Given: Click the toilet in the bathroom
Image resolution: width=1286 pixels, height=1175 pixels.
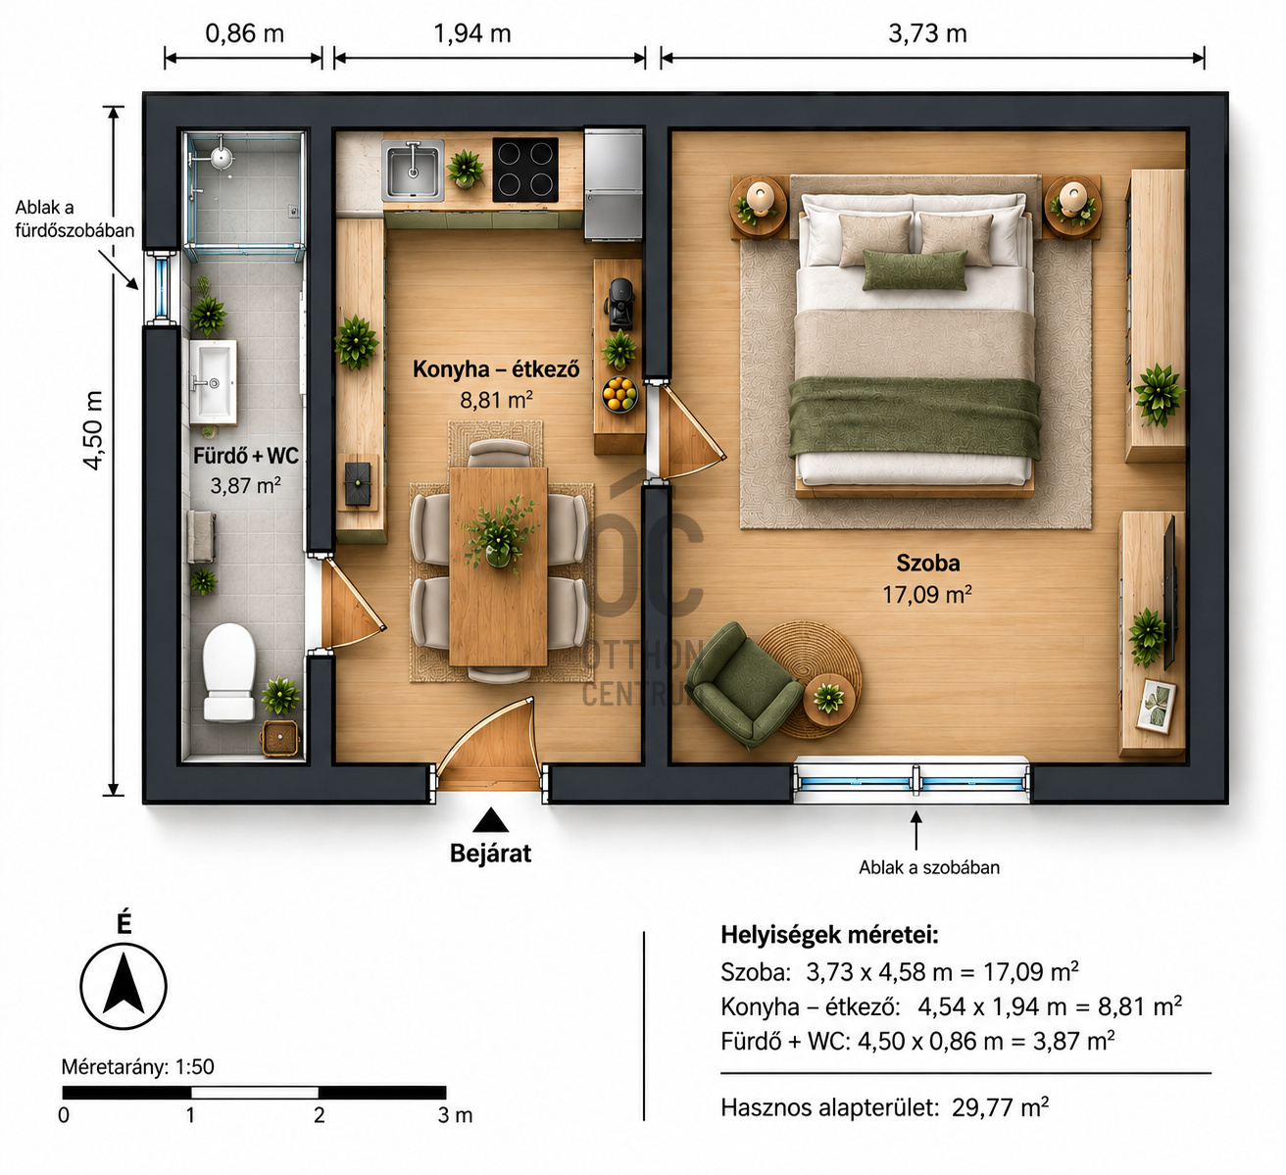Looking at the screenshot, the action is [228, 672].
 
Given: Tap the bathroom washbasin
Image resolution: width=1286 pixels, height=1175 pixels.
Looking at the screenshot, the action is [213, 382].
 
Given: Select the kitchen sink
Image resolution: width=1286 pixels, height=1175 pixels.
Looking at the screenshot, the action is [413, 170].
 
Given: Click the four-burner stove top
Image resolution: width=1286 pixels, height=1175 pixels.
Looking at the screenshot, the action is [525, 170].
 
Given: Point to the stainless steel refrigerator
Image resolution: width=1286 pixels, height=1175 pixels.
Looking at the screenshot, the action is [614, 184].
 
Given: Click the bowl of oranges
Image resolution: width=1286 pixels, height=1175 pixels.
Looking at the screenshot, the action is [619, 394].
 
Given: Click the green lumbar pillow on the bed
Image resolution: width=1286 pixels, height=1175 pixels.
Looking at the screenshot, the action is [915, 269].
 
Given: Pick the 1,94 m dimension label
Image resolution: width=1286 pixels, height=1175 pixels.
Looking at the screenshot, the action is [472, 33].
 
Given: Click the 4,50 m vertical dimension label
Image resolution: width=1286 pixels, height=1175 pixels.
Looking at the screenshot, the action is [93, 430].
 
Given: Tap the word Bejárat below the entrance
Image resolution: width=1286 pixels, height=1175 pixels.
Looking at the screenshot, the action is [490, 854].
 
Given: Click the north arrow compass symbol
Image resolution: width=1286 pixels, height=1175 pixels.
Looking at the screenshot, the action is [124, 986].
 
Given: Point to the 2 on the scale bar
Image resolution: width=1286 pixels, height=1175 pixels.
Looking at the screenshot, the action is [320, 1115].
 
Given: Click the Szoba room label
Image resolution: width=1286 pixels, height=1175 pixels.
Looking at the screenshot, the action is [927, 563].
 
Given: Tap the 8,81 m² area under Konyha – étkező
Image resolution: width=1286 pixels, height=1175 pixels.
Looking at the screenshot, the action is [496, 400].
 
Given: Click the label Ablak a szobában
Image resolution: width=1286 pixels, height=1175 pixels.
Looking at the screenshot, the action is [929, 867].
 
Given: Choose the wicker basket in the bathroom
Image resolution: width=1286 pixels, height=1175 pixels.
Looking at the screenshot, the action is [280, 738].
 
